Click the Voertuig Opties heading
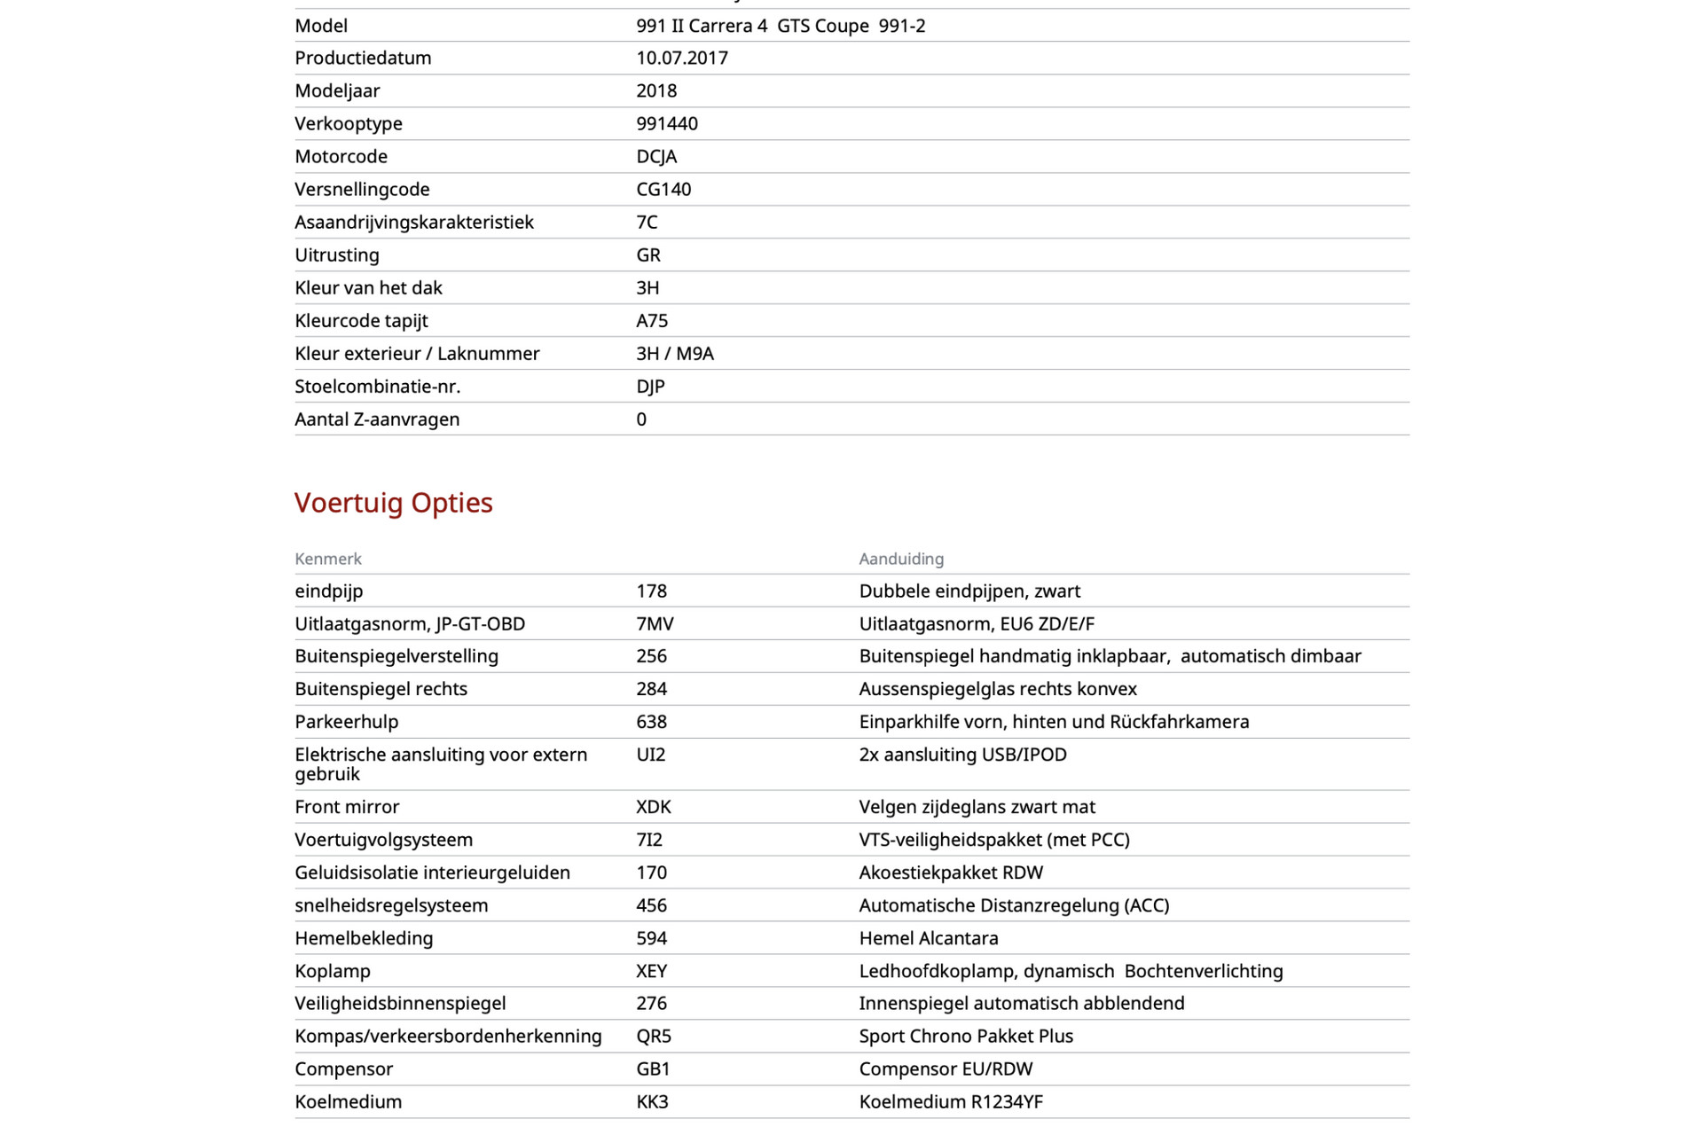393,503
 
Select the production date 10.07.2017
682,59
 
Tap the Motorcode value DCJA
656,157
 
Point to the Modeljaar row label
337,91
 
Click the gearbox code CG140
663,190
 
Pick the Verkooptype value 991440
667,124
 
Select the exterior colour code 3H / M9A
675,354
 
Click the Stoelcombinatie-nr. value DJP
650,387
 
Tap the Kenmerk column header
328,559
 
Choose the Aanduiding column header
901,559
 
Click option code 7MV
655,624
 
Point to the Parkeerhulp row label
347,722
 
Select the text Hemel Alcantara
929,938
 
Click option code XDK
654,807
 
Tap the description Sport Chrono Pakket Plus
966,1037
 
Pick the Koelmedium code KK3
652,1102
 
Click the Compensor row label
344,1069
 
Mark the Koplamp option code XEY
652,971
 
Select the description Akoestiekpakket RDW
951,873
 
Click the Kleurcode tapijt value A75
652,321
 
